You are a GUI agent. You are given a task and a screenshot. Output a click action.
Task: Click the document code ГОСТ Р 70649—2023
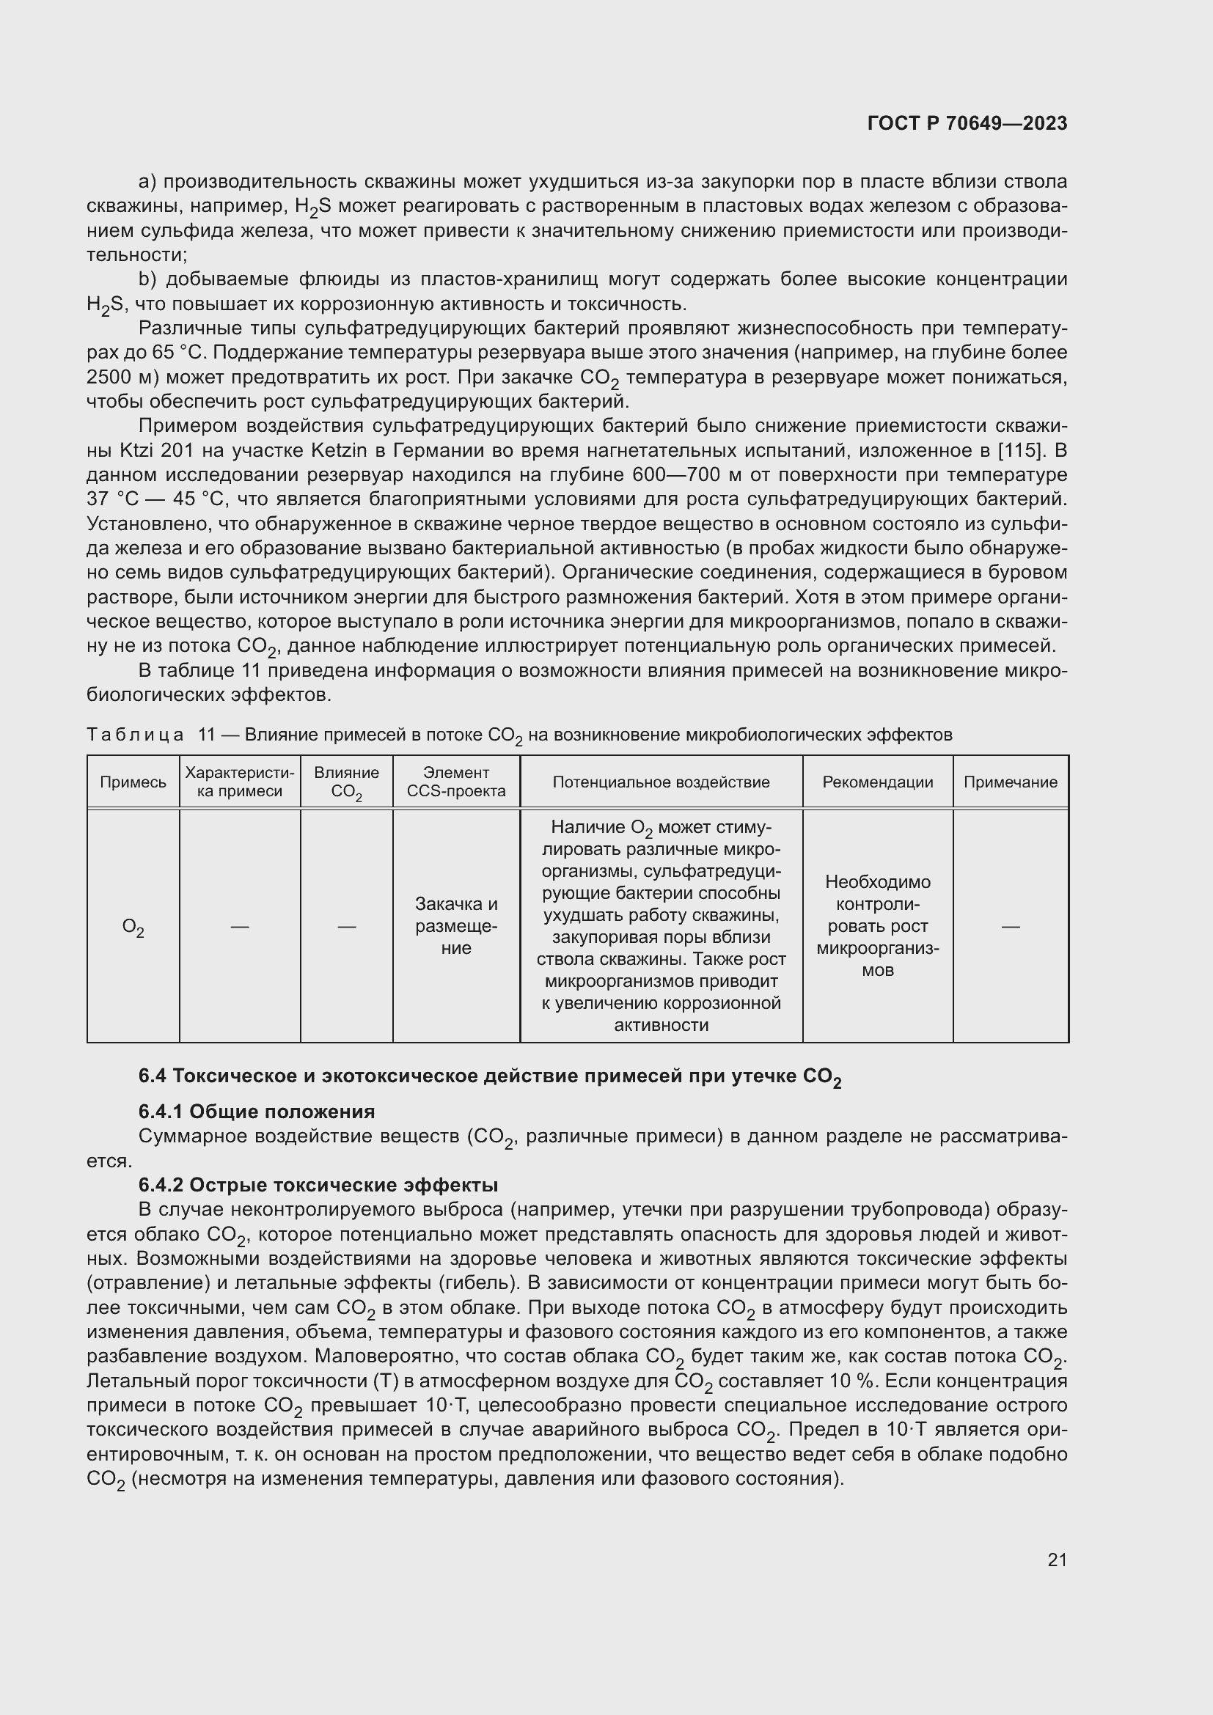click(967, 123)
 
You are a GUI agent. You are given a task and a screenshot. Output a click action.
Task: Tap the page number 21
click(1057, 1560)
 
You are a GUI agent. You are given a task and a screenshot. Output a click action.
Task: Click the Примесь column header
click(133, 782)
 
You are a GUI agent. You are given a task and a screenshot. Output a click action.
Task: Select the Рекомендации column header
click(878, 782)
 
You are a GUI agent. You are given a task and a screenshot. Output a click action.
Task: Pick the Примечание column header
click(1010, 782)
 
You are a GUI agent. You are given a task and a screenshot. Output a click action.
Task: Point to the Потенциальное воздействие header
click(661, 782)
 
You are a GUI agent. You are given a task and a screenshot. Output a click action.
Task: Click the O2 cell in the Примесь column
click(133, 927)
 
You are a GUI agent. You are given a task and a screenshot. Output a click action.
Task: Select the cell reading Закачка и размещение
click(456, 926)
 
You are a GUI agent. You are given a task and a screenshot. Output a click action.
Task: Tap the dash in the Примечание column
click(1010, 926)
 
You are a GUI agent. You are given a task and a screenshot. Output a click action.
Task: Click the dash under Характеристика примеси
click(240, 926)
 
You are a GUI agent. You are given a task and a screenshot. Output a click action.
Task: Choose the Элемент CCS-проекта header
click(456, 782)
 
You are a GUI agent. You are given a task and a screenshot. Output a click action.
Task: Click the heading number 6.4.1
click(161, 1112)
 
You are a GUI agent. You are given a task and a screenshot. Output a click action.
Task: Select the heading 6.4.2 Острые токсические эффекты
click(318, 1185)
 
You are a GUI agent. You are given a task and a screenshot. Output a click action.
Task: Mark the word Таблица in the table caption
click(135, 734)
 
